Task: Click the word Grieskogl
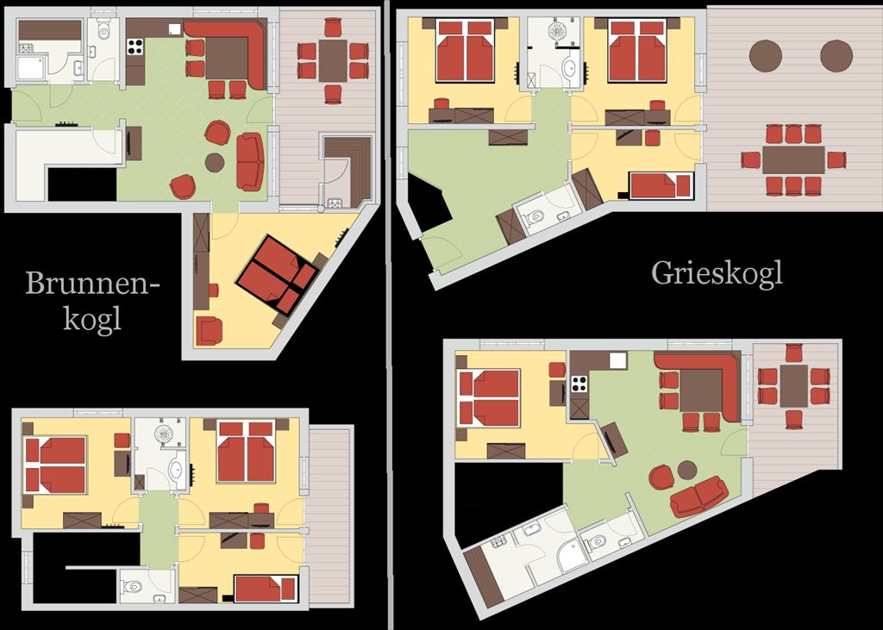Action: pyautogui.click(x=717, y=274)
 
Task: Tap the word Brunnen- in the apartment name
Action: pyautogui.click(x=93, y=283)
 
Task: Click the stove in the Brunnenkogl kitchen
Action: pyautogui.click(x=135, y=47)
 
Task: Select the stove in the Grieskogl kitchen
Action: pyautogui.click(x=579, y=384)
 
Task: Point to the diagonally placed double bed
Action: pyautogui.click(x=276, y=274)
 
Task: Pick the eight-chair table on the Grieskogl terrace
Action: pyautogui.click(x=793, y=160)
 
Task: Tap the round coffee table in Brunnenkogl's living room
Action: pyautogui.click(x=215, y=163)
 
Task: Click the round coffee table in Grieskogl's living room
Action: pyautogui.click(x=687, y=470)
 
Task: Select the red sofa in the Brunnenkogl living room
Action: pyautogui.click(x=250, y=161)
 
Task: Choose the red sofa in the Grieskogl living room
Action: pyautogui.click(x=698, y=496)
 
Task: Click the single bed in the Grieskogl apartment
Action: pyautogui.click(x=661, y=186)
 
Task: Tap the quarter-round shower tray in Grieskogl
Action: pyautogui.click(x=572, y=558)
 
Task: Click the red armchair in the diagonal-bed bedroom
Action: pyautogui.click(x=209, y=331)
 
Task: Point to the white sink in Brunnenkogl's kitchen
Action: pyautogui.click(x=174, y=29)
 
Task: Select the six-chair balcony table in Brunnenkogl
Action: pyautogui.click(x=333, y=60)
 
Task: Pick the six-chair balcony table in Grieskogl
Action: pyautogui.click(x=794, y=386)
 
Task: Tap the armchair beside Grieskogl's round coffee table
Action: pyautogui.click(x=661, y=477)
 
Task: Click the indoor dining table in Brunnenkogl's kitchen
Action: pyautogui.click(x=227, y=59)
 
